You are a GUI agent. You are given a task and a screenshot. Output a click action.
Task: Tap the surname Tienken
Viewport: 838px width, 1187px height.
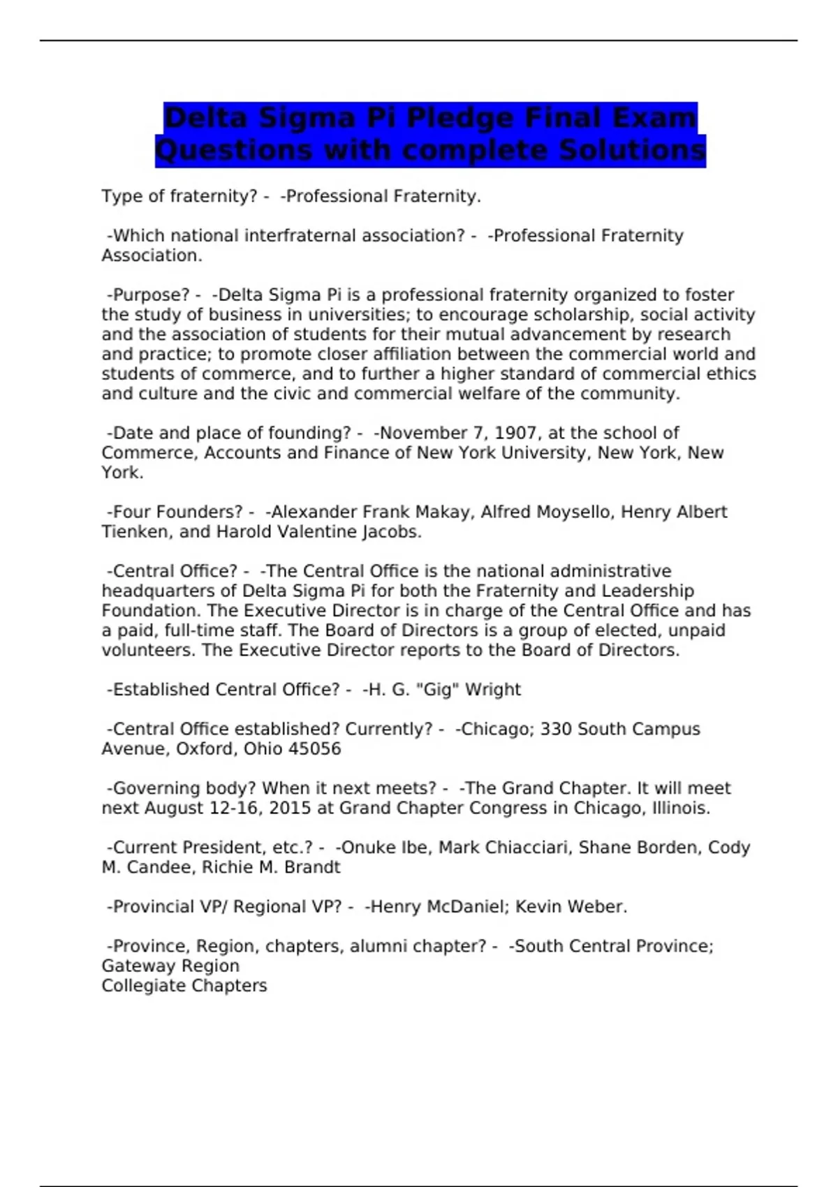coord(135,531)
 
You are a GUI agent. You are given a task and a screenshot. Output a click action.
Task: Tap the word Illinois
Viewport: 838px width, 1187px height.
coord(681,808)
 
